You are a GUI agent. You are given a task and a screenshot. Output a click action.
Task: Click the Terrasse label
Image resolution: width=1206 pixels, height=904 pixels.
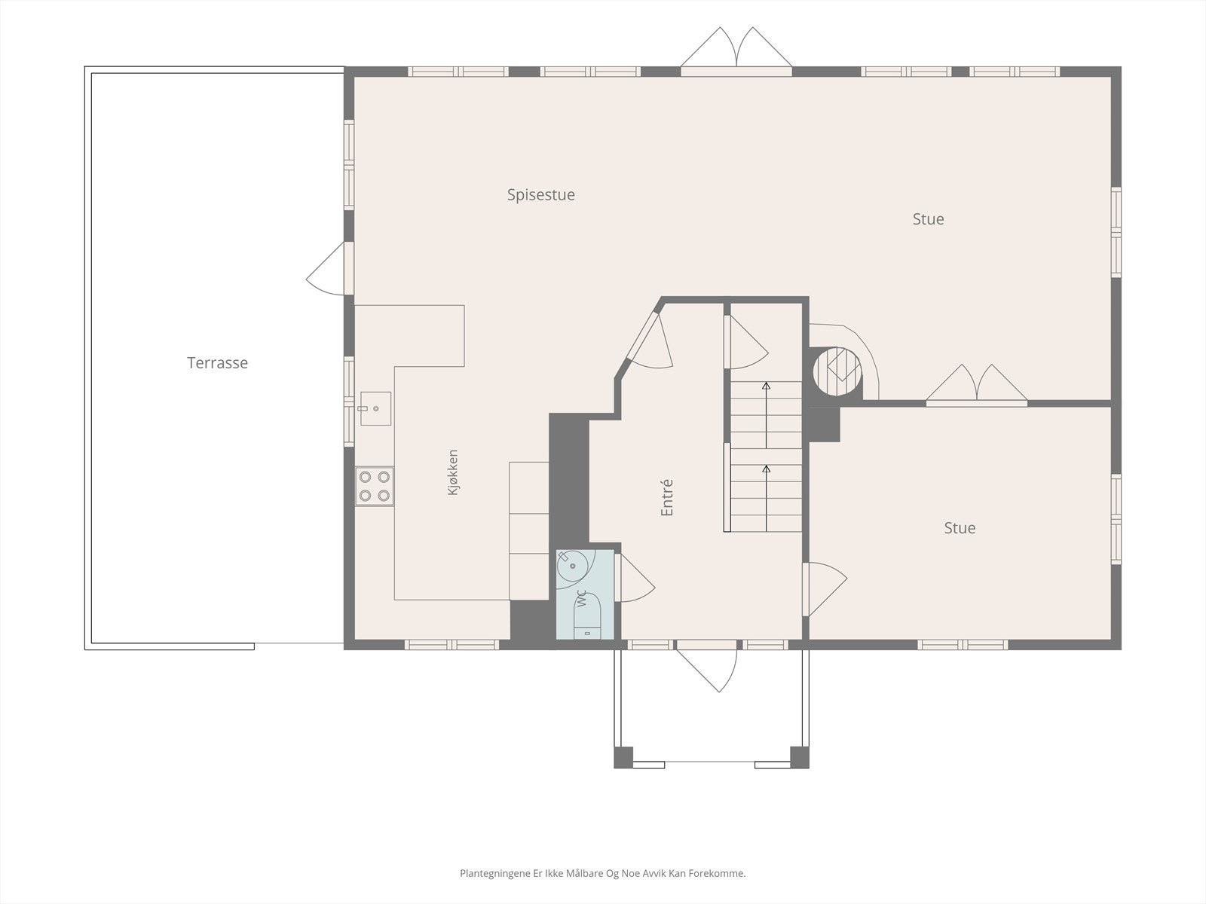coord(218,363)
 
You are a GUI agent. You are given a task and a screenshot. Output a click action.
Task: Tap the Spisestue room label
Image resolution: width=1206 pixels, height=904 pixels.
coord(540,195)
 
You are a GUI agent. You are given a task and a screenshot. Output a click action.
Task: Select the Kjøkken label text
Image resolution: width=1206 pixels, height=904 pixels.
coord(453,472)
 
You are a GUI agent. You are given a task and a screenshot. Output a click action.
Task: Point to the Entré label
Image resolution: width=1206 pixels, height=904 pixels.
coord(666,497)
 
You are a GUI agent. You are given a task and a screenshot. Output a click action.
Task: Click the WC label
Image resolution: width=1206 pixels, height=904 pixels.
coord(582,597)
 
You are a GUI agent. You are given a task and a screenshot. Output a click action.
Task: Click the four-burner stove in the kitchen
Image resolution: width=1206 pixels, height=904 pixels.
coord(374,487)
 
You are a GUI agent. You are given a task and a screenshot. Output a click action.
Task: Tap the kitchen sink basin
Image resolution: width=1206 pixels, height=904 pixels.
coord(376,408)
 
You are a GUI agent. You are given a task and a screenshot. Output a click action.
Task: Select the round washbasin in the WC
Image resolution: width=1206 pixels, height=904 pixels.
coord(573,566)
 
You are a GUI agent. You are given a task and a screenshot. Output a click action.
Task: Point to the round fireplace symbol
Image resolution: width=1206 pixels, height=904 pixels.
coord(837,371)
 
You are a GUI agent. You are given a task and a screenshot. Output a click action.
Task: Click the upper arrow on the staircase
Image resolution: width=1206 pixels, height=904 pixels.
coord(766,415)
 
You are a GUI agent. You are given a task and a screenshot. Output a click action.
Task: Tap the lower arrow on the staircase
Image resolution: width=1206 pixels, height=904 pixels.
coord(766,498)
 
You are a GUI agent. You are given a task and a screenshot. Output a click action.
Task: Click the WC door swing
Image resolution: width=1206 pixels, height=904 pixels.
coord(635,578)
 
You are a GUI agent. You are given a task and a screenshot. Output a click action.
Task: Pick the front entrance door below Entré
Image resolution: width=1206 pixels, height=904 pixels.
coord(706,666)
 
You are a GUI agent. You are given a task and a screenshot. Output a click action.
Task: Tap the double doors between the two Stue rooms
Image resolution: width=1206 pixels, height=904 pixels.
coord(977,385)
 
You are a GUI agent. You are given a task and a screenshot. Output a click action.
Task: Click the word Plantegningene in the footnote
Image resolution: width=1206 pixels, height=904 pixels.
coord(495,873)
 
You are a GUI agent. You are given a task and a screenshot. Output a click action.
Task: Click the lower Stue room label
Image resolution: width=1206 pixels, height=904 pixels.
coord(960,528)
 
